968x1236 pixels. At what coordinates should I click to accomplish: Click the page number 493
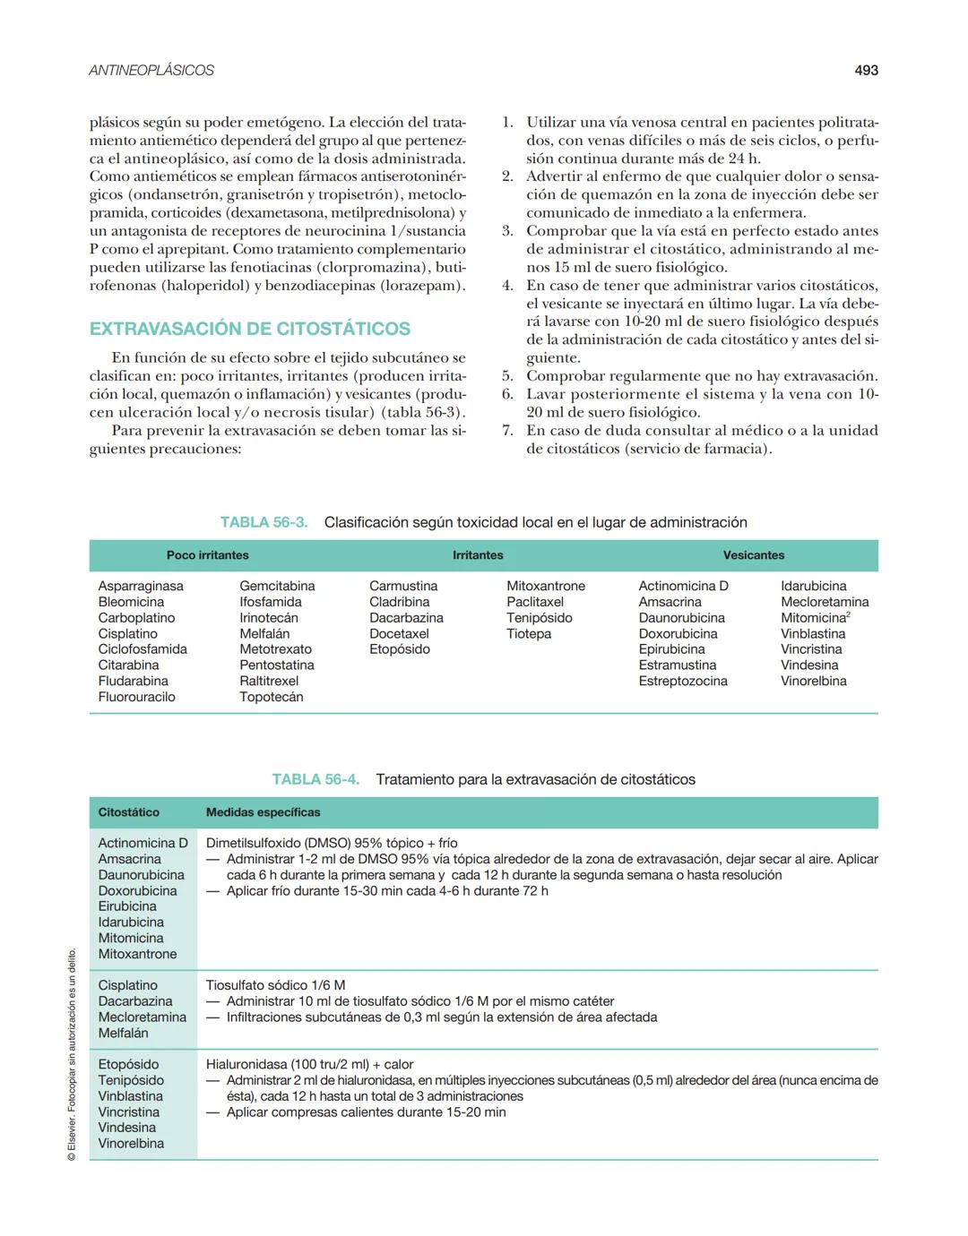[866, 70]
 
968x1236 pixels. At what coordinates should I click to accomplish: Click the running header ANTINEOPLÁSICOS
[151, 70]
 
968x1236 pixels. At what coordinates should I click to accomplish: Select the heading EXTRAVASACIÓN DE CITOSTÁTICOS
[250, 329]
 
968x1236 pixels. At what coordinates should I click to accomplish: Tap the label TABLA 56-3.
[264, 522]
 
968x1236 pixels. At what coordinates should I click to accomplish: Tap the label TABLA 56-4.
[315, 779]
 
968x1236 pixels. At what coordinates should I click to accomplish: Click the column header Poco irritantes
[207, 555]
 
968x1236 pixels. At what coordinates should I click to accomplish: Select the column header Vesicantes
[753, 555]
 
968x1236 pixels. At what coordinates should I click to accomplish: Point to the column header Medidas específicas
[263, 812]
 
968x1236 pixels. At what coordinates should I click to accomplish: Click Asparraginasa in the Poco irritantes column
[141, 586]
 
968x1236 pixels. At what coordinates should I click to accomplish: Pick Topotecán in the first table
[271, 697]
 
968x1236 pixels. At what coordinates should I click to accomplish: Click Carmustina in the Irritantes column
[403, 586]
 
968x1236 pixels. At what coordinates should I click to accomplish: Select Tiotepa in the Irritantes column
[529, 633]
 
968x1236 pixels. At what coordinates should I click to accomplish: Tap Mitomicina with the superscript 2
[814, 618]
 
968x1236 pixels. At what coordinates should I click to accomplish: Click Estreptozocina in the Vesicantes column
[682, 681]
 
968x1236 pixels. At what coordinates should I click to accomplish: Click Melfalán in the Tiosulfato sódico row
[123, 1033]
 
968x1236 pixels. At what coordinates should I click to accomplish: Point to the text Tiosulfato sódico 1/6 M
[275, 985]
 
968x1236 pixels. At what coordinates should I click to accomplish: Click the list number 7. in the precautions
[507, 430]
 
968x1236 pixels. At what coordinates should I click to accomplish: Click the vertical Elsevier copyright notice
[72, 1057]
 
